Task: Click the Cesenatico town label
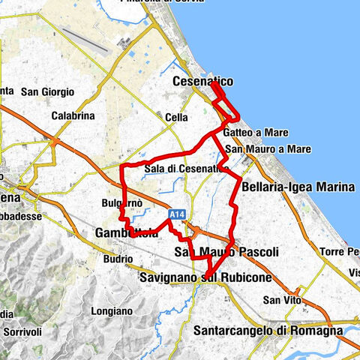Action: point(202,81)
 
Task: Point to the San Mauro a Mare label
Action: point(268,149)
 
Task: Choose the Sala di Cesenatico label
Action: point(187,169)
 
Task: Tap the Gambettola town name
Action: point(127,234)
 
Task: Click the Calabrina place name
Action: point(73,116)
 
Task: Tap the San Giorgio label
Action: point(47,92)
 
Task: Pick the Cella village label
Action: point(176,118)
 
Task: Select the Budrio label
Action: point(119,259)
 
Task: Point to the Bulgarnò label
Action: point(121,203)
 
